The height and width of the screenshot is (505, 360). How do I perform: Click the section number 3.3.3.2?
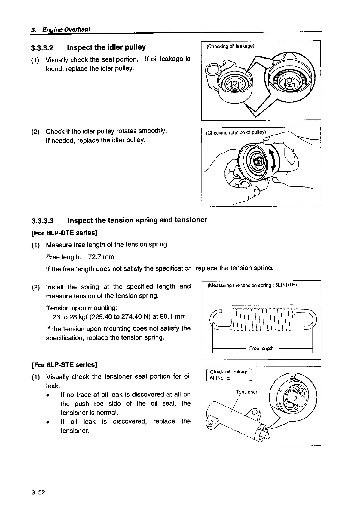[x=42, y=48]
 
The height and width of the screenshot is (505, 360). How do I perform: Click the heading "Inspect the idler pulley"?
[x=106, y=47]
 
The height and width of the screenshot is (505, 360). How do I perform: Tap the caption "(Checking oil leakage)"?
[x=230, y=46]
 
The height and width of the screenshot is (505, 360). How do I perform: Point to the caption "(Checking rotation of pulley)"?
[x=236, y=133]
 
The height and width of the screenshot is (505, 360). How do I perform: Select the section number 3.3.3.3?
[x=42, y=221]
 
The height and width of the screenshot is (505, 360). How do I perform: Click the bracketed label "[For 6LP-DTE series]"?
[x=64, y=233]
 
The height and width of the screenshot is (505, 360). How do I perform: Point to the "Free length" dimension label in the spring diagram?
[x=261, y=348]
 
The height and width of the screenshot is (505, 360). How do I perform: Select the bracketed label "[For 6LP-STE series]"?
[x=64, y=365]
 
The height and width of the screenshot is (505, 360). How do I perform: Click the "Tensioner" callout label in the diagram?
[x=246, y=392]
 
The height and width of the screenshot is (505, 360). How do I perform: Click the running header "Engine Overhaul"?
[x=66, y=29]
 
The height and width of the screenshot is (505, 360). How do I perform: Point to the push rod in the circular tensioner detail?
[x=297, y=399]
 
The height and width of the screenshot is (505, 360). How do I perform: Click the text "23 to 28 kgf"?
[x=70, y=316]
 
